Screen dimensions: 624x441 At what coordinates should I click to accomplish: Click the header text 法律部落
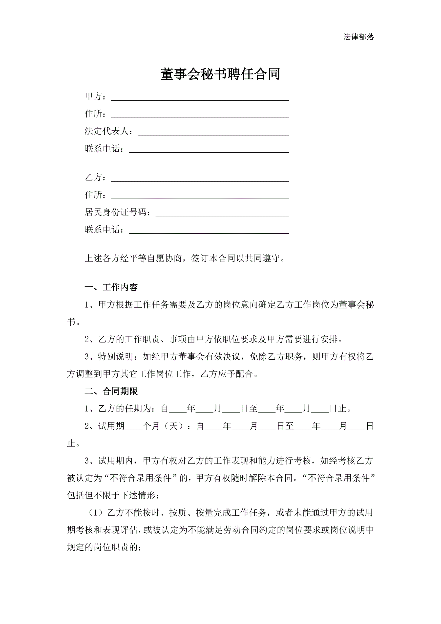point(358,37)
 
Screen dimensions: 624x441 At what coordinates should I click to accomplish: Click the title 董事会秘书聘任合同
point(220,74)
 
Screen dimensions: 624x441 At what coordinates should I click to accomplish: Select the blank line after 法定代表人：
point(213,133)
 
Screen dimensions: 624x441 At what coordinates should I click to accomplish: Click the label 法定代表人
point(106,131)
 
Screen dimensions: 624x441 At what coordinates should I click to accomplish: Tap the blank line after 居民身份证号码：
point(222,214)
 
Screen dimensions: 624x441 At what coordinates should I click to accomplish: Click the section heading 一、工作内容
point(111,287)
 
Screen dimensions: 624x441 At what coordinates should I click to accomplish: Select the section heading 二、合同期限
point(111,391)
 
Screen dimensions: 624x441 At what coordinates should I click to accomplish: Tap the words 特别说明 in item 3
point(116,357)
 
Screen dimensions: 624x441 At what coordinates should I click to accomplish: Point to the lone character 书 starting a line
point(71,322)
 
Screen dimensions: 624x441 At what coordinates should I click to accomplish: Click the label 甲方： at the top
point(95,96)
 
